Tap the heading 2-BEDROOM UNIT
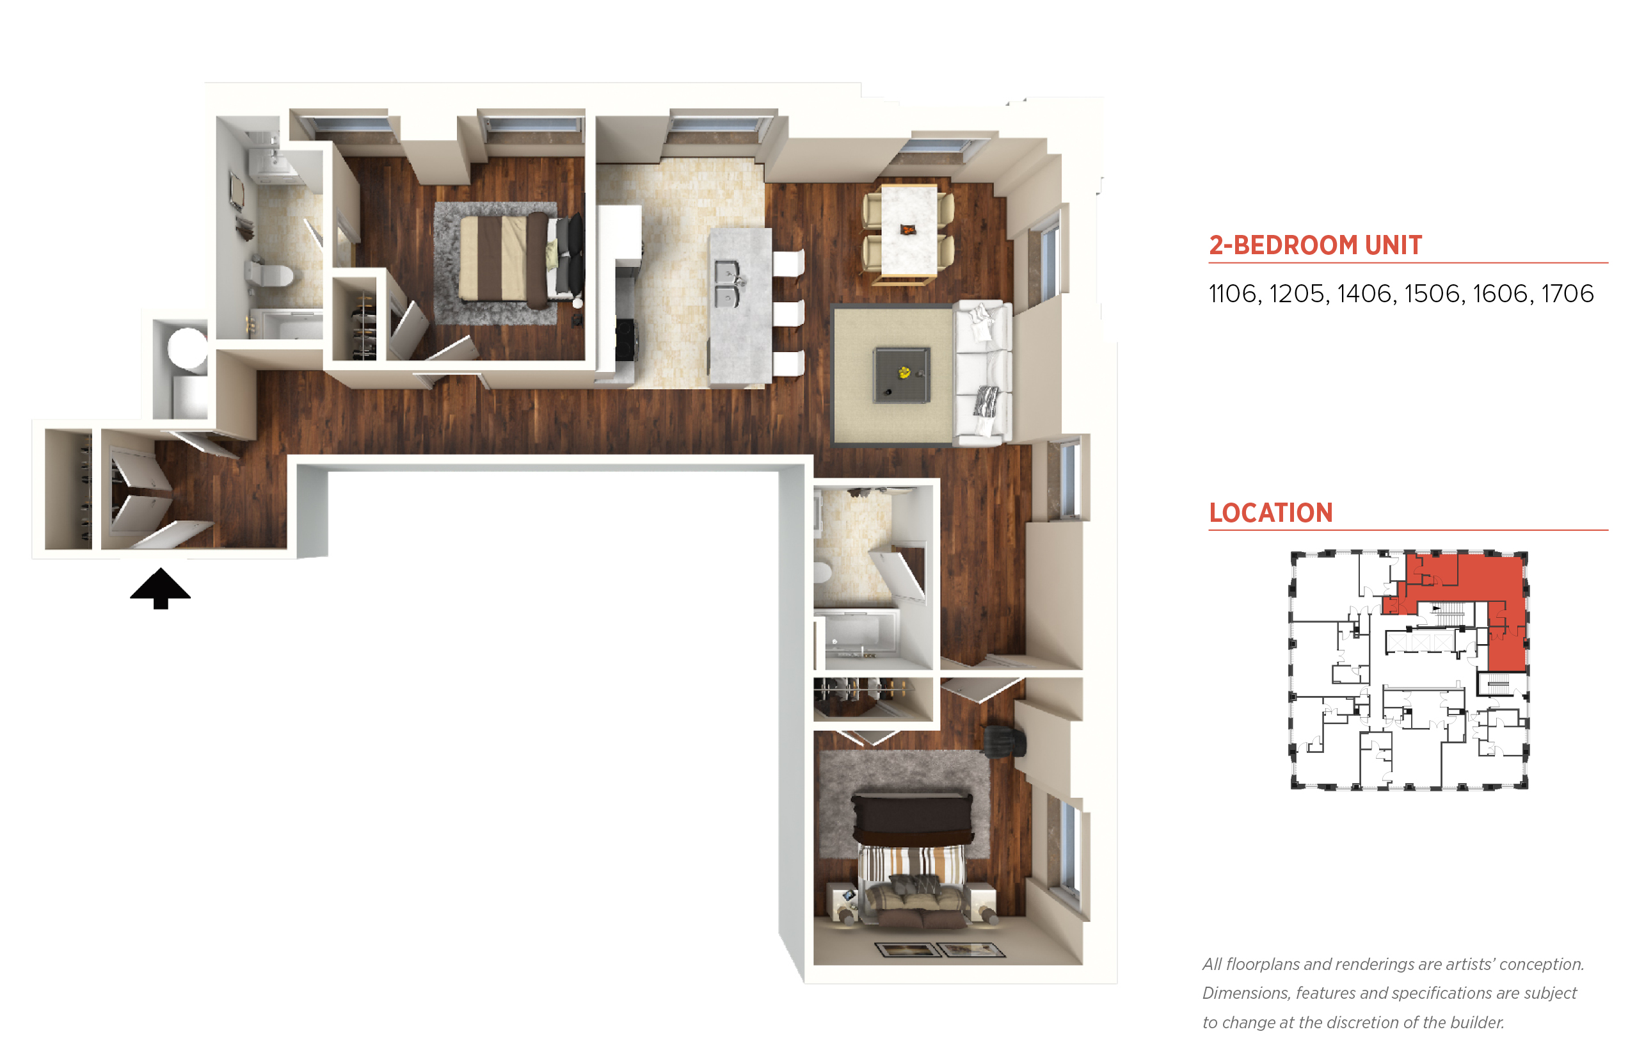[1314, 245]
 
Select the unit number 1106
[1234, 294]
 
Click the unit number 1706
[1567, 294]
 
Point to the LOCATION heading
[1271, 512]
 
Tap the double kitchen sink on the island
[726, 283]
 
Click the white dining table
[909, 232]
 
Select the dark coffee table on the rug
[902, 375]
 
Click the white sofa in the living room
[982, 373]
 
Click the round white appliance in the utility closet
[188, 348]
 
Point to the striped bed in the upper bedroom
[510, 257]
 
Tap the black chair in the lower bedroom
[1005, 741]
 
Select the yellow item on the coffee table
[904, 372]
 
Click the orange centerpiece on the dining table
[908, 230]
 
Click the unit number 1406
[1364, 294]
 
